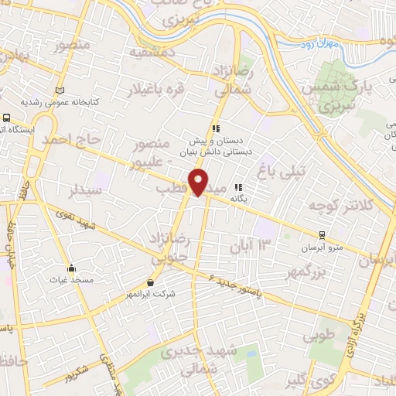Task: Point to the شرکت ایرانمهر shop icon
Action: pos(150,282)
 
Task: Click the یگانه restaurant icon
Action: pos(239,187)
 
